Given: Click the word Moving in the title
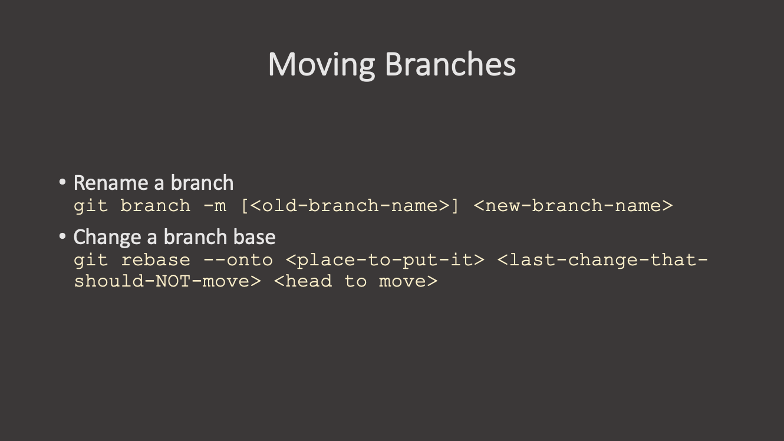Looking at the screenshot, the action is click(321, 65).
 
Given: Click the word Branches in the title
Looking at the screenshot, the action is click(450, 64).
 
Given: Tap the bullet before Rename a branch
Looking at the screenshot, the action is click(62, 182).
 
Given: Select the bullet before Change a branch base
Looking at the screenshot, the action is click(62, 236).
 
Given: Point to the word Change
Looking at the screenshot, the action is click(107, 237).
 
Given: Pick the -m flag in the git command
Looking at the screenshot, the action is click(215, 206).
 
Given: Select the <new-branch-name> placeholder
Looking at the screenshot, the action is click(573, 205).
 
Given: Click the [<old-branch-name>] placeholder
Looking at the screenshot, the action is click(350, 205).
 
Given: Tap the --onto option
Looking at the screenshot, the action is click(238, 260).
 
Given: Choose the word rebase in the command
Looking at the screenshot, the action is click(156, 260).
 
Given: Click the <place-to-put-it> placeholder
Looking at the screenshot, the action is click(385, 261).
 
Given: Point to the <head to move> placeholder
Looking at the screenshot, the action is click(355, 281).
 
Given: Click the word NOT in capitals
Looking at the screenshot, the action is click(173, 281).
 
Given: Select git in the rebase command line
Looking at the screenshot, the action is click(91, 261).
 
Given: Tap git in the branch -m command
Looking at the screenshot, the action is click(91, 206).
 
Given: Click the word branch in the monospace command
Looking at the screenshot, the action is click(156, 205).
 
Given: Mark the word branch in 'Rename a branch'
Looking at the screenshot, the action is click(202, 183).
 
